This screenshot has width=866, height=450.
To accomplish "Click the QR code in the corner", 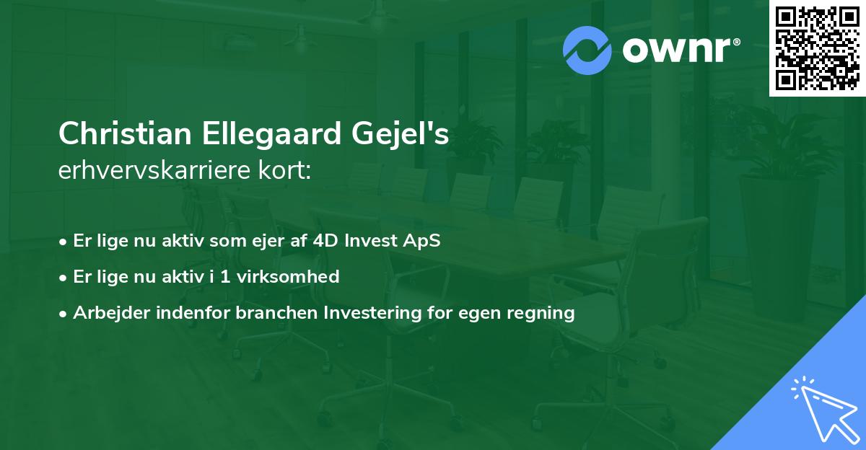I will pyautogui.click(x=817, y=48).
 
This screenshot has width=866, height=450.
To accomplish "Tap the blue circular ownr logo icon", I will pyautogui.click(x=588, y=50).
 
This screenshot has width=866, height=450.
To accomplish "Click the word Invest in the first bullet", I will pyautogui.click(x=367, y=241).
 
